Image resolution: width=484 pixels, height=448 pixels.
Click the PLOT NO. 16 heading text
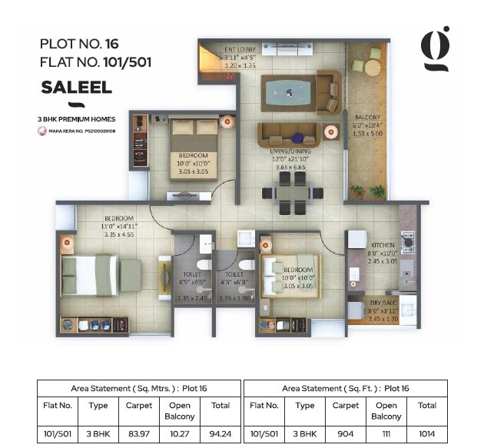(78, 45)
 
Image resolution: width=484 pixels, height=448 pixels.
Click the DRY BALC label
(383, 303)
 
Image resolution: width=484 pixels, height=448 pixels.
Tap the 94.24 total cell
(220, 433)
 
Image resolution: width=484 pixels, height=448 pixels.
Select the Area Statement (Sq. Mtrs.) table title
(138, 388)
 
